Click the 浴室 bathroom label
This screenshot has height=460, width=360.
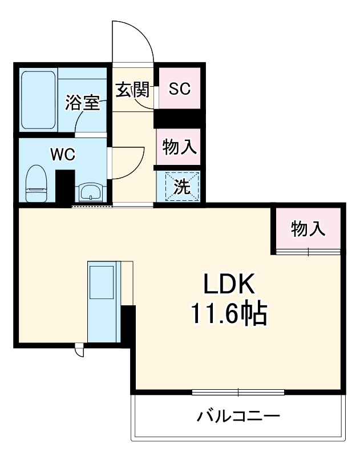point(82,103)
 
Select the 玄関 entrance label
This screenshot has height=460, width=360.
point(132,90)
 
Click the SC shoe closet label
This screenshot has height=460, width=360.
point(179,89)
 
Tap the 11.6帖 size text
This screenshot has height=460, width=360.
point(229,313)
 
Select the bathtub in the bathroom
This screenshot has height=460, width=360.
point(38,100)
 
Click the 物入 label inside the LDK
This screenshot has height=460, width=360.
point(308,229)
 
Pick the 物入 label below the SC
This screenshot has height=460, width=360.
point(179,147)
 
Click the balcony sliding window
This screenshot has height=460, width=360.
point(238,392)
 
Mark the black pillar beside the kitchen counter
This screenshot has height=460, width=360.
point(128,326)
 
